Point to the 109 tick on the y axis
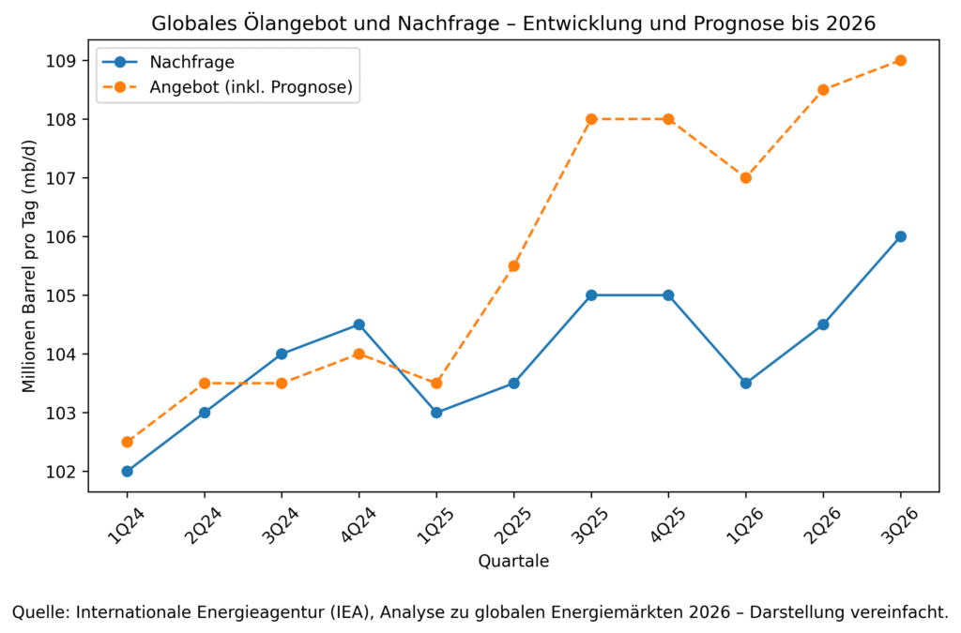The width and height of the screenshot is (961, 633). point(69,61)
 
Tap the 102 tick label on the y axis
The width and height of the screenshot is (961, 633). point(69,472)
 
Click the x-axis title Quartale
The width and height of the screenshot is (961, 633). point(513,562)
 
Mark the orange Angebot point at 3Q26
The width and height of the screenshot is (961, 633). point(900,61)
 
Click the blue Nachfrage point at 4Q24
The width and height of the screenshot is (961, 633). point(358,324)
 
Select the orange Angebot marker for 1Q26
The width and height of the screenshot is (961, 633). point(746,178)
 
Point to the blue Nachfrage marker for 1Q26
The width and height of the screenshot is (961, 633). point(746,384)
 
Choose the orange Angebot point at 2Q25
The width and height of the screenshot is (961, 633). point(513,266)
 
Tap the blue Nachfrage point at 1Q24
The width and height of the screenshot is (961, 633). point(127,472)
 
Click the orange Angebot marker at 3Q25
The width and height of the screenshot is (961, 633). point(591,119)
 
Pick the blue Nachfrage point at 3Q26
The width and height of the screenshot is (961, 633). point(900,236)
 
